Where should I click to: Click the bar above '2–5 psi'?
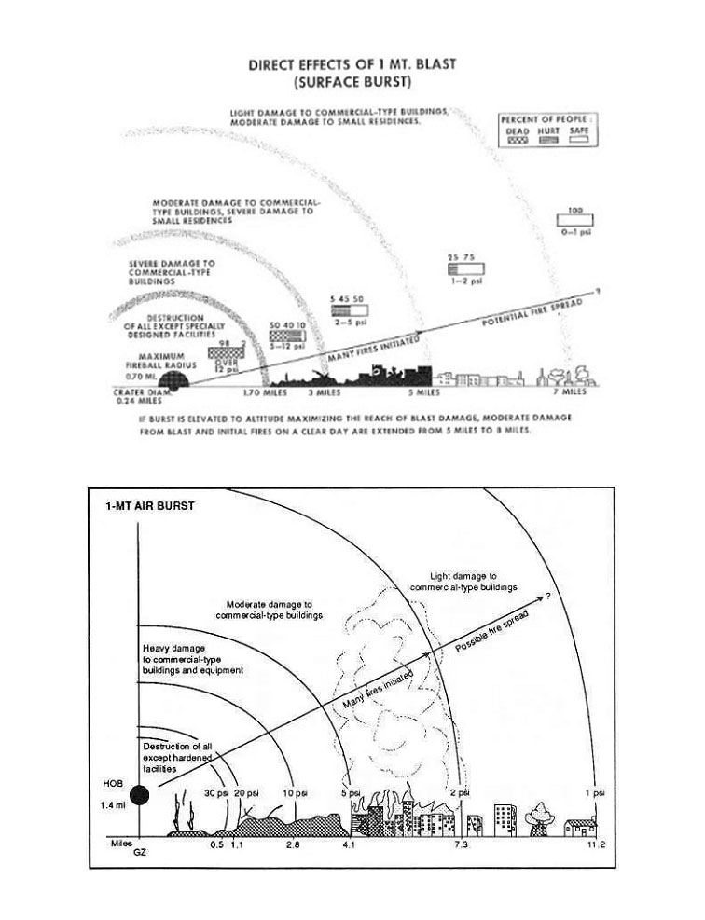tap(349, 311)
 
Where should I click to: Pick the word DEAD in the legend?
tap(517, 131)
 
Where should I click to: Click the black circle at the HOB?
tap(139, 795)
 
